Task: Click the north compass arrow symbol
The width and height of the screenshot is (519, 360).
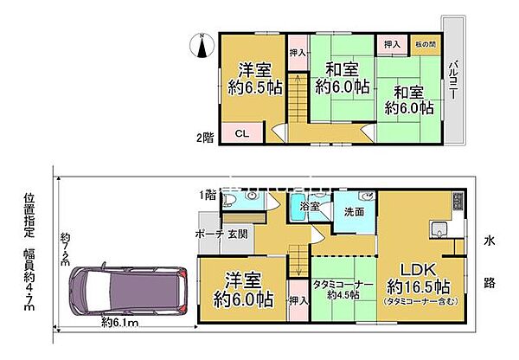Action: pyautogui.click(x=202, y=46)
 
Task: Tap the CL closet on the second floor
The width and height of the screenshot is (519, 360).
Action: pyautogui.click(x=243, y=133)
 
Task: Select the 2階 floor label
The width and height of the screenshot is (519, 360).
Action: pyautogui.click(x=204, y=136)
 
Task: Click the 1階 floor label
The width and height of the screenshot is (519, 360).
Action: pyautogui.click(x=208, y=196)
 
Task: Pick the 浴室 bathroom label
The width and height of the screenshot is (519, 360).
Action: pyautogui.click(x=311, y=208)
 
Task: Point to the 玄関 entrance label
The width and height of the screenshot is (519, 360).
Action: pyautogui.click(x=238, y=234)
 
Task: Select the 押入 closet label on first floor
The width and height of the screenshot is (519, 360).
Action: pyautogui.click(x=296, y=300)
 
